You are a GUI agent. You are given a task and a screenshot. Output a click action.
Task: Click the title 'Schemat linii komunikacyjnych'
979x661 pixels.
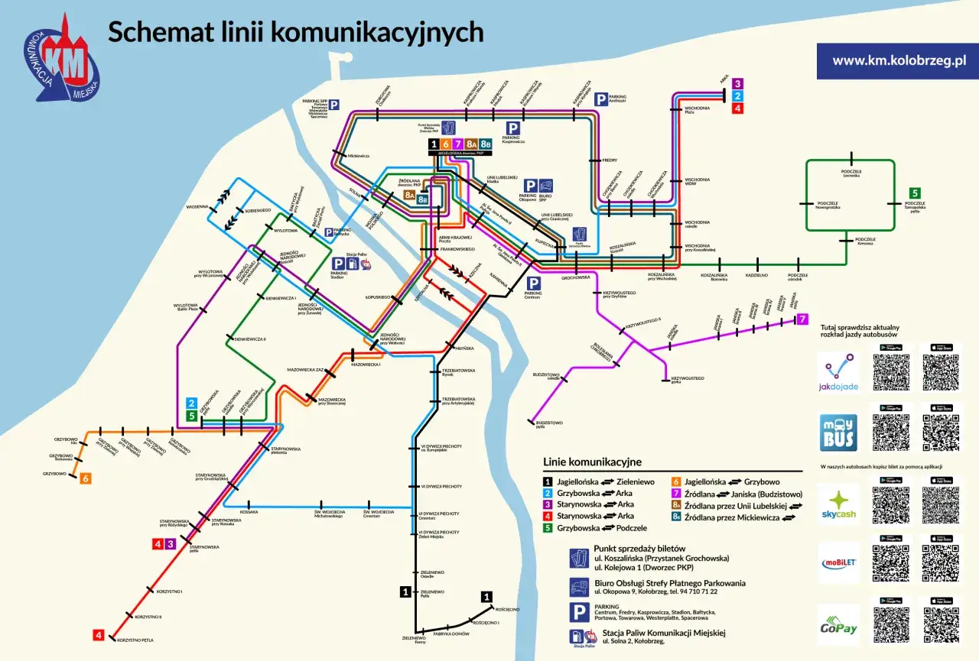click(295, 33)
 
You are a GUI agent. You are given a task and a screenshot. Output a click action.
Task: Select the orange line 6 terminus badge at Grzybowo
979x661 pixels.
click(86, 478)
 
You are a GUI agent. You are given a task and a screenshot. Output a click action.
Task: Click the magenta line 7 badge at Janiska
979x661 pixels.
click(802, 319)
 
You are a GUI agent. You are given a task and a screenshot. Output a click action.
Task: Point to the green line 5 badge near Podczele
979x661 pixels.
click(915, 193)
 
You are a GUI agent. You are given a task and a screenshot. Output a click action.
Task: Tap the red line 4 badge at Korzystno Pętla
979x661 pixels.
click(99, 635)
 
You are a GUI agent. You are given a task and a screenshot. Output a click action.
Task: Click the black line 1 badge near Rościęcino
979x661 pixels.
click(486, 596)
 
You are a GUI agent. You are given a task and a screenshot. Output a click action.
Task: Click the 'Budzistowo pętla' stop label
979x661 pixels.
click(549, 424)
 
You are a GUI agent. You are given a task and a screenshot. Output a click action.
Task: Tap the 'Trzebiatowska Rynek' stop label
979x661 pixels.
click(459, 372)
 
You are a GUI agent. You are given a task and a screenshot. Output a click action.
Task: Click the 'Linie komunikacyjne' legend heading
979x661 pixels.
click(592, 462)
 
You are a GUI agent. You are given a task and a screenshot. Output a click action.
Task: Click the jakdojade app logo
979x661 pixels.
click(838, 372)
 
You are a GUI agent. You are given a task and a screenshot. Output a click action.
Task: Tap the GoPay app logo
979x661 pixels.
click(838, 624)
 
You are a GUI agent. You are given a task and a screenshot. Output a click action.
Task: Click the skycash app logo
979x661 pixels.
click(838, 504)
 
